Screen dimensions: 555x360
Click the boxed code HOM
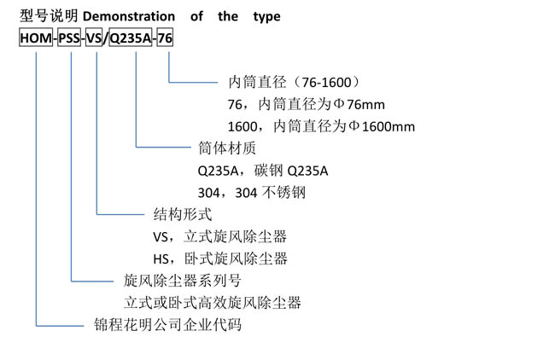(x=36, y=38)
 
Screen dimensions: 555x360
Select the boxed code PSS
(x=69, y=38)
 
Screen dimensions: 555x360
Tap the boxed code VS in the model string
(x=94, y=38)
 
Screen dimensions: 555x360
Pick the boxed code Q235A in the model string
(x=131, y=38)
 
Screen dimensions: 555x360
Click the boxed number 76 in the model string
(x=165, y=38)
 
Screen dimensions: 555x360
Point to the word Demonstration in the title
(x=129, y=16)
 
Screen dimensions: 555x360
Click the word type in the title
(x=267, y=17)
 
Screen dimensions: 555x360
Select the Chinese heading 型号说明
(x=49, y=16)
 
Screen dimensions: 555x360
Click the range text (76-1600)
(x=325, y=83)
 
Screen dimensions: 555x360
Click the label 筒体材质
(x=227, y=148)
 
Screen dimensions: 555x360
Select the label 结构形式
(x=183, y=214)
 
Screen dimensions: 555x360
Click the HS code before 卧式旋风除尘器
(x=161, y=259)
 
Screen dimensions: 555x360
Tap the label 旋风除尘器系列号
(x=183, y=281)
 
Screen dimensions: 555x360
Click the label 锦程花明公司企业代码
(x=167, y=325)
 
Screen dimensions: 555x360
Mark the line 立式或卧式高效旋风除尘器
(x=213, y=303)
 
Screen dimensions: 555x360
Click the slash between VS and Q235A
(x=105, y=38)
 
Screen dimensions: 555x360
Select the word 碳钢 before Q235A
(x=268, y=171)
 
